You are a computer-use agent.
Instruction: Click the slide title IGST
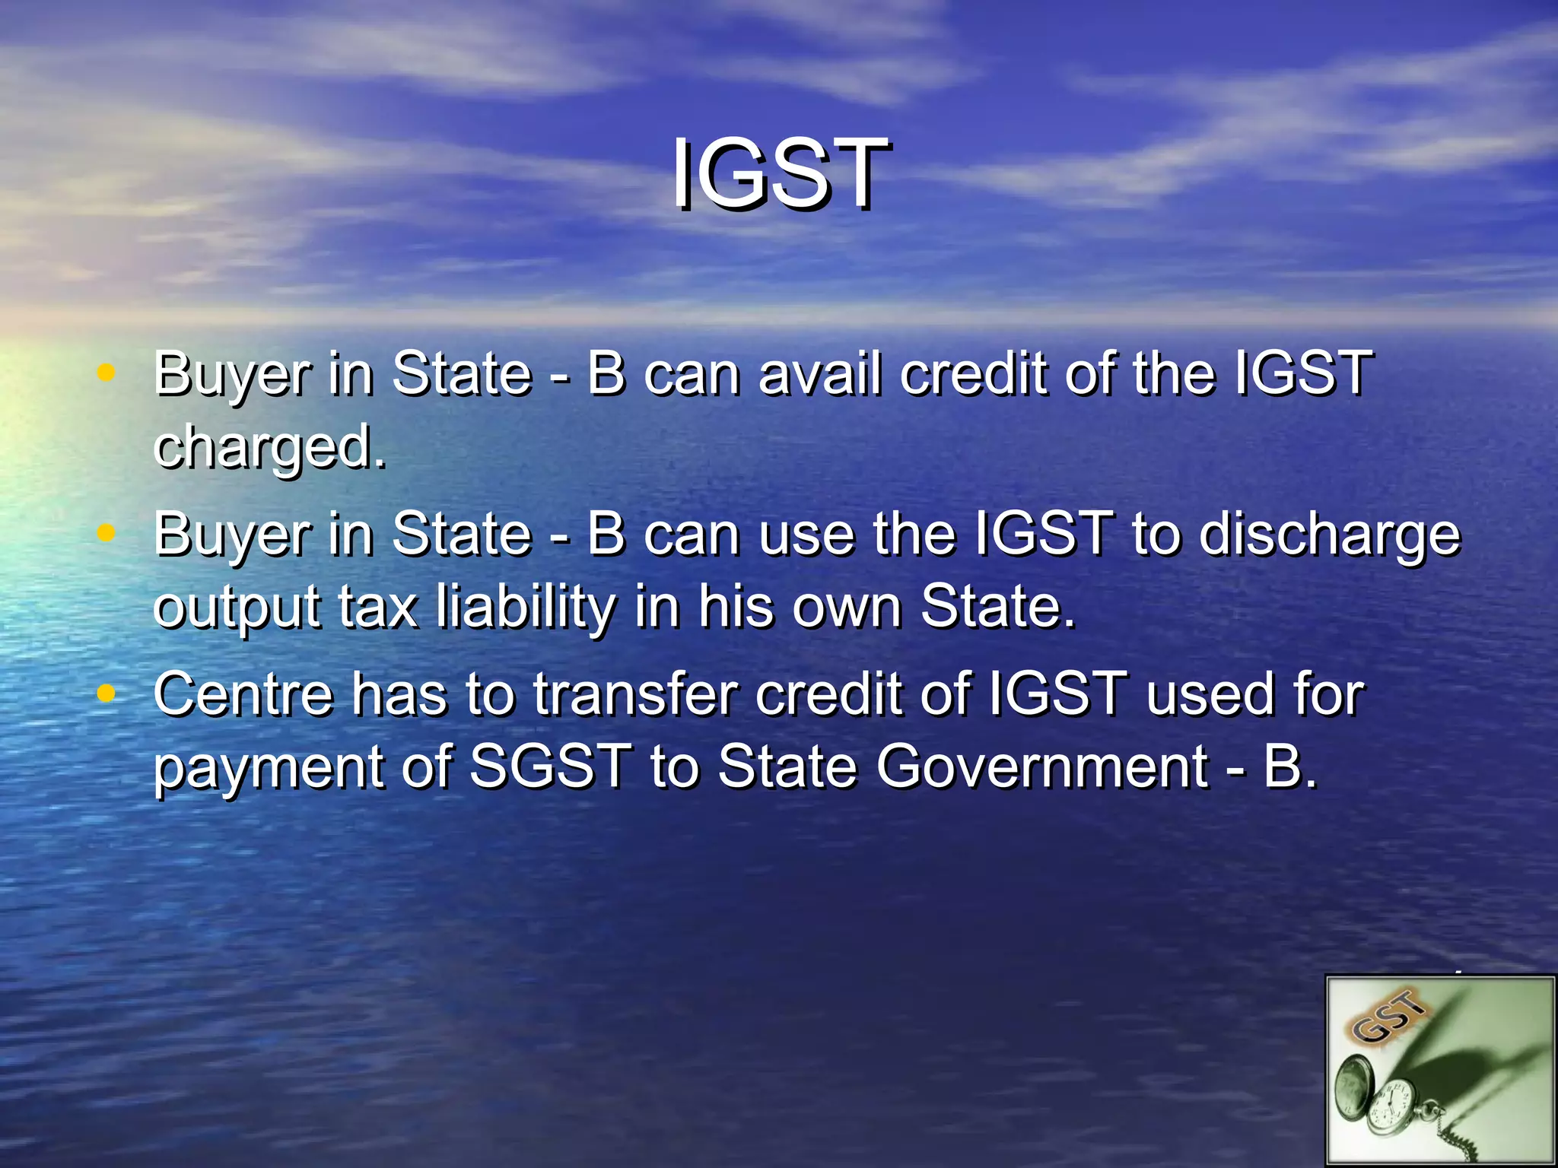[x=779, y=174]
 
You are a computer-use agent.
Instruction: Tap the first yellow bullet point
[x=107, y=373]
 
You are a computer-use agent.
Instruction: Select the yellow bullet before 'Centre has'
[x=107, y=693]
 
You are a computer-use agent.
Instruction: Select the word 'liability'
[x=526, y=608]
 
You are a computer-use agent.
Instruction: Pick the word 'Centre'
[x=243, y=695]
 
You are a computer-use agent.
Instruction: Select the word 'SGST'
[x=549, y=766]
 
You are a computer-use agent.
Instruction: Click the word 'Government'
[x=1041, y=766]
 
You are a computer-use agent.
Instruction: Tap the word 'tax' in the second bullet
[x=377, y=608]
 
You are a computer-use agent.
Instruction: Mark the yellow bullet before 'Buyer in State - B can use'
[x=107, y=533]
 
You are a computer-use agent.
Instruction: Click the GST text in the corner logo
[x=1389, y=1017]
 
